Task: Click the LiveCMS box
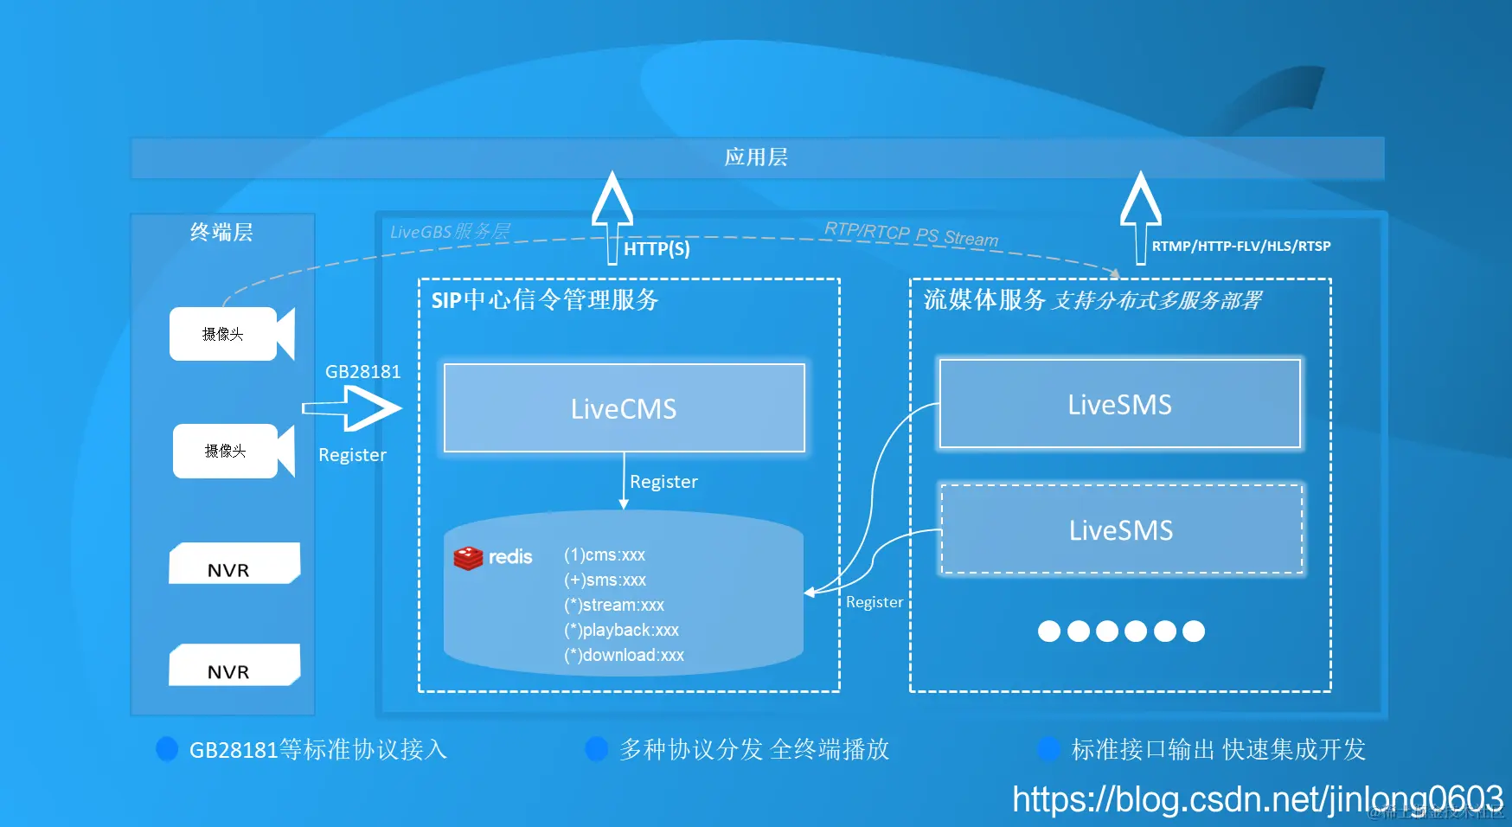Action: pyautogui.click(x=624, y=408)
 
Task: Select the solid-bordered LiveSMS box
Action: pyautogui.click(x=1119, y=404)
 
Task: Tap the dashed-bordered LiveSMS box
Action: pyautogui.click(x=1121, y=529)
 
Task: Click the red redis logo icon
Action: pyautogui.click(x=468, y=558)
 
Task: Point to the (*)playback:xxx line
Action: pyautogui.click(x=621, y=630)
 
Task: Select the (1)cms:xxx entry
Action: pyautogui.click(x=605, y=555)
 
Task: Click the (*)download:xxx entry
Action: pyautogui.click(x=624, y=655)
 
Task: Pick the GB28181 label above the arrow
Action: pyautogui.click(x=362, y=372)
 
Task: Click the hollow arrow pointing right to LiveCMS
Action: pyautogui.click(x=355, y=407)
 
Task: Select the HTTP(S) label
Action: pyautogui.click(x=657, y=249)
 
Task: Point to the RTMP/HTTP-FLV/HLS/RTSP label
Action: pyautogui.click(x=1240, y=247)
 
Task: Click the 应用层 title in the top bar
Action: pyautogui.click(x=756, y=157)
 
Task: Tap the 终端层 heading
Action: pyautogui.click(x=221, y=232)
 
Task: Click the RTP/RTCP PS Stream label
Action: pyautogui.click(x=911, y=234)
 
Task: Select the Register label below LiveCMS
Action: pyautogui.click(x=663, y=482)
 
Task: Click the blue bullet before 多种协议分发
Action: pyautogui.click(x=596, y=749)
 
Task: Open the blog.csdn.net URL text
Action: pyautogui.click(x=1257, y=799)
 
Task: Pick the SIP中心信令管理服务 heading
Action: pyautogui.click(x=545, y=300)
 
